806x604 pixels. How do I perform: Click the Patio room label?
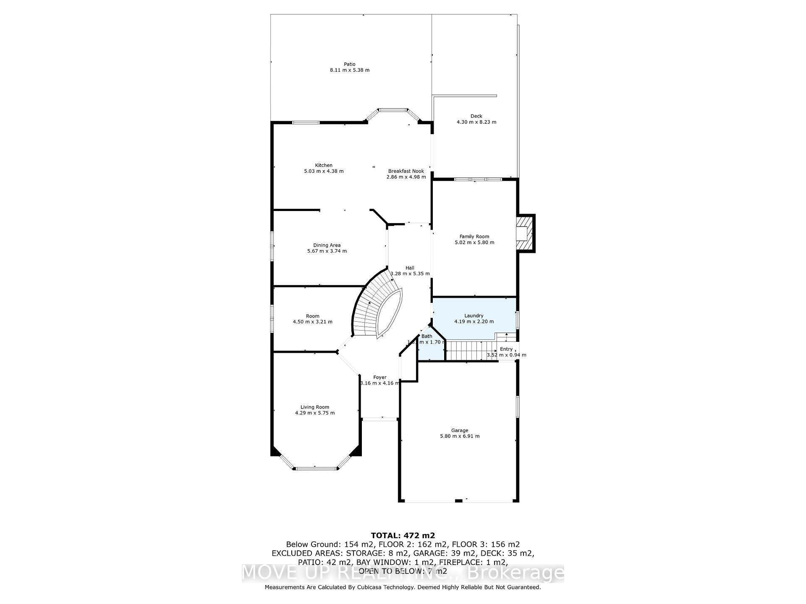click(349, 64)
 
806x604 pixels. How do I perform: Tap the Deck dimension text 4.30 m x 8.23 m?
click(476, 122)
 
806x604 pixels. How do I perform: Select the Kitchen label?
click(324, 165)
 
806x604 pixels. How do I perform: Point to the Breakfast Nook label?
click(406, 171)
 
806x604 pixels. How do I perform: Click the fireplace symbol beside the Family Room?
click(524, 233)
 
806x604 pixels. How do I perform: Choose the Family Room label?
click(474, 237)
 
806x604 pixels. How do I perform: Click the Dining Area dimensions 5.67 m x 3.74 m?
click(327, 251)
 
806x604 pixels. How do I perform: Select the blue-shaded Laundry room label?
click(474, 316)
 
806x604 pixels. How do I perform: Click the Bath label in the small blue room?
click(427, 336)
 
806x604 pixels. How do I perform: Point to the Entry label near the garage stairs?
click(506, 349)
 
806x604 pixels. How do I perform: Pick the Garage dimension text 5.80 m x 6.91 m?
click(459, 436)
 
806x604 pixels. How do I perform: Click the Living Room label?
click(314, 407)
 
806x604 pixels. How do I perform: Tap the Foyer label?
click(379, 377)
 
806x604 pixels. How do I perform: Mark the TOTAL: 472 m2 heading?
click(403, 535)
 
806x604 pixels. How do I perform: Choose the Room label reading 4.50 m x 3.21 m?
click(312, 316)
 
